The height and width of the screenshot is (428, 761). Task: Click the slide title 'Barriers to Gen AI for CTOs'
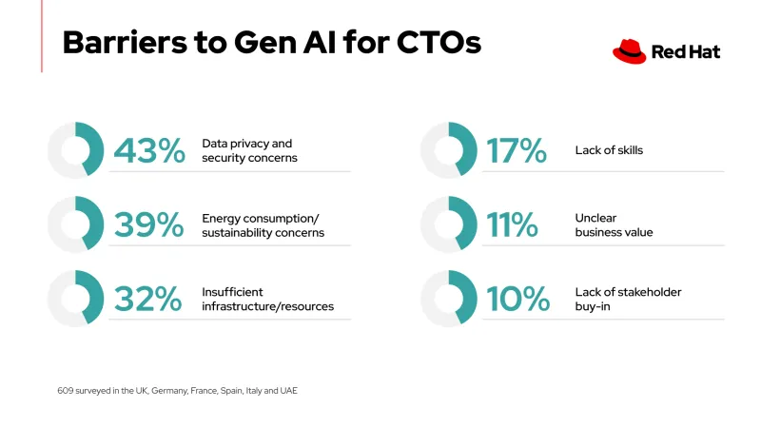[271, 43]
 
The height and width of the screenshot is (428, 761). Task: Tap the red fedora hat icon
[629, 51]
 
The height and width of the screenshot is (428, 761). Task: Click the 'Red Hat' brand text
[685, 52]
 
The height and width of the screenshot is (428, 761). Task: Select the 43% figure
[148, 150]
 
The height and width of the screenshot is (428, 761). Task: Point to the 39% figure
[148, 224]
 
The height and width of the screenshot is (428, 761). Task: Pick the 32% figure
[148, 299]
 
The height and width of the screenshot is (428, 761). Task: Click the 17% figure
[517, 150]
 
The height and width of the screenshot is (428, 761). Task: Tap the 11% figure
[513, 224]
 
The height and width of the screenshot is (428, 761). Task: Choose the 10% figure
[517, 299]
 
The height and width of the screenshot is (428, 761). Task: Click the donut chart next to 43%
[75, 150]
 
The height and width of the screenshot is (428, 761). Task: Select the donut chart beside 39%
[75, 224]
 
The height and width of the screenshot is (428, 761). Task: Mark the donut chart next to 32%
[75, 299]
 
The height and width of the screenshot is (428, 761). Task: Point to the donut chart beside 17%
[448, 150]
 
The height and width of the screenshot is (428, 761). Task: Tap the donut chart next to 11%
[448, 224]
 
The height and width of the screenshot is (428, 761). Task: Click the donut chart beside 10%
[448, 299]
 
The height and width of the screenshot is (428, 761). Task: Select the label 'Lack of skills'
[609, 150]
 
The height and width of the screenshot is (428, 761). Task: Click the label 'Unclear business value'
[614, 224]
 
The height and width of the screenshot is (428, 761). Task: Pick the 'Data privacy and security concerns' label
[249, 150]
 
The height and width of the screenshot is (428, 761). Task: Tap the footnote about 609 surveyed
[177, 391]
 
